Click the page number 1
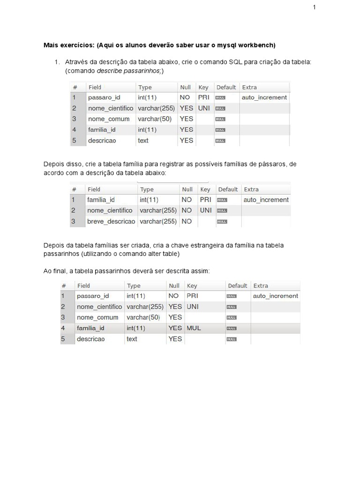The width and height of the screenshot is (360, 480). pos(315,7)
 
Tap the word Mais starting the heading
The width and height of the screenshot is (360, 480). pos(51,45)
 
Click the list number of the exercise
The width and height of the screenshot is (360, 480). pos(57,62)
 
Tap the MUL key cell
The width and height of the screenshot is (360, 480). pos(194,328)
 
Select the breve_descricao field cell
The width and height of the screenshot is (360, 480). pos(111,221)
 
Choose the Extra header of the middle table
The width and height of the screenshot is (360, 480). pos(251,189)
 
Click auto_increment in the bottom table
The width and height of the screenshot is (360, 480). pos(275,296)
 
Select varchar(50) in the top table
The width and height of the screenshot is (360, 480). pos(152,119)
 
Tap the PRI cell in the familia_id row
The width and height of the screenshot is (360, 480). pos(205,200)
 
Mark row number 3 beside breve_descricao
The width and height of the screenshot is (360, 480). pos(73,221)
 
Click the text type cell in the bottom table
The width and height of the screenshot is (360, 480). pos(132,338)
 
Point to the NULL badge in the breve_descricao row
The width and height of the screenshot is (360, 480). pos(222,222)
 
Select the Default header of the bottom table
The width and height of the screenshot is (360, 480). pos(237,285)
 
